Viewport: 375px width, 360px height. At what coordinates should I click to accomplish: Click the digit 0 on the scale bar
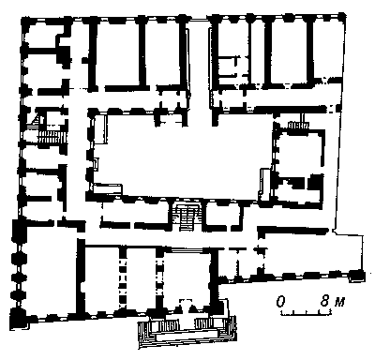click(x=281, y=302)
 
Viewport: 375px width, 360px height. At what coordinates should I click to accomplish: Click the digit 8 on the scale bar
click(x=324, y=302)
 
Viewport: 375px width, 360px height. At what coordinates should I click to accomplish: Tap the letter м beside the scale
click(x=339, y=303)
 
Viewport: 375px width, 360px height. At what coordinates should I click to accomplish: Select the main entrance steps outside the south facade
click(x=187, y=331)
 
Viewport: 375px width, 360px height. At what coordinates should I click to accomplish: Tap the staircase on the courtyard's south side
click(x=187, y=217)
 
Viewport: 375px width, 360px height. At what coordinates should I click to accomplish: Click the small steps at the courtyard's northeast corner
click(x=298, y=125)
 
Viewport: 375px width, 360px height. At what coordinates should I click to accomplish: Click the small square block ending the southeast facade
click(x=357, y=277)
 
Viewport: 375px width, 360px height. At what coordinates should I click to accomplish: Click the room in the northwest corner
click(x=40, y=35)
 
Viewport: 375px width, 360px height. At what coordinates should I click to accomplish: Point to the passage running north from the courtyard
click(x=200, y=68)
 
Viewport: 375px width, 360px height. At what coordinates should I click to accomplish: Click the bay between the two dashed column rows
click(x=142, y=278)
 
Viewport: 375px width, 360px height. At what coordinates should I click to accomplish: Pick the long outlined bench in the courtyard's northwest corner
click(x=100, y=128)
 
